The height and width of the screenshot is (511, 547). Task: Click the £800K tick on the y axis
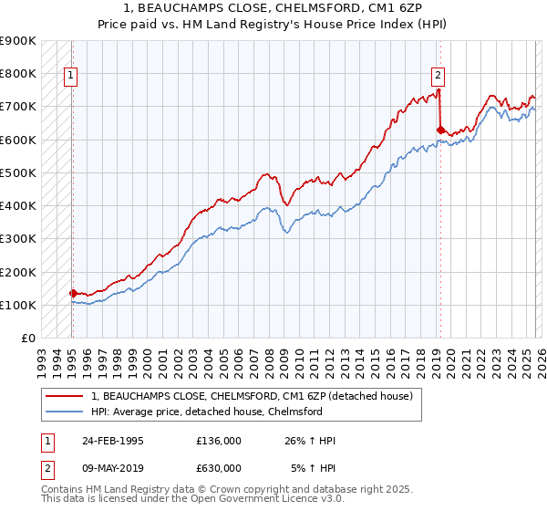[18, 74]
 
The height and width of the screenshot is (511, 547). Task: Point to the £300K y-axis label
[18, 239]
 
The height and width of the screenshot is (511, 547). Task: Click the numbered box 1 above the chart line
[70, 76]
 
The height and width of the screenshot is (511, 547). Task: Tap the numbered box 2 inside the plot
[438, 76]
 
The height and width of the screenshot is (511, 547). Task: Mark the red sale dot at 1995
[73, 293]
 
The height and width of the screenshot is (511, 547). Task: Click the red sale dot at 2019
[440, 130]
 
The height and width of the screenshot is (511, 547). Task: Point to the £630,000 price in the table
[219, 468]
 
